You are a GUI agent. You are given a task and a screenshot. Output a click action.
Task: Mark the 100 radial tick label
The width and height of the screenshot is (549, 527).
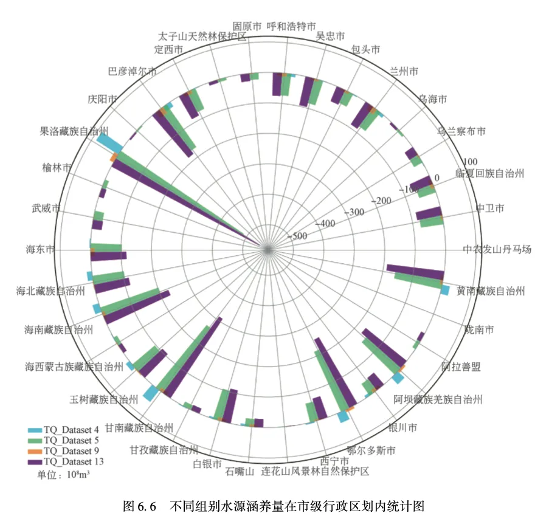[470, 162]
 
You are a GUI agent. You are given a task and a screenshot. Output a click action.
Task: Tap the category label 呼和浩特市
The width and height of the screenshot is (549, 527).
[292, 26]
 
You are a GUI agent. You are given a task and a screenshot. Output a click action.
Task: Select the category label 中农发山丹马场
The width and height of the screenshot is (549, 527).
[497, 249]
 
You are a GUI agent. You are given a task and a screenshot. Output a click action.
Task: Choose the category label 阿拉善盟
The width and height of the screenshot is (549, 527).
[461, 367]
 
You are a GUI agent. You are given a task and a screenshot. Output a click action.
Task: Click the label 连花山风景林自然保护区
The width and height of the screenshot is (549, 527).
[315, 471]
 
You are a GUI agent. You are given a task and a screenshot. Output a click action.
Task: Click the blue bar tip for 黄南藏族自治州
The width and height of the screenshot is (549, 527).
[446, 290]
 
